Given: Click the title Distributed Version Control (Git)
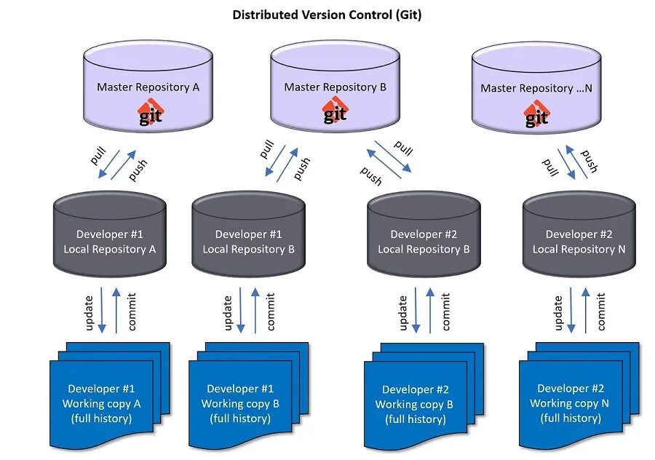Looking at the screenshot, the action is point(327,15).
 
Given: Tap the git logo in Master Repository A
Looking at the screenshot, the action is point(151,112).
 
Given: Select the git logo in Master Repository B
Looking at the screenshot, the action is point(335,111).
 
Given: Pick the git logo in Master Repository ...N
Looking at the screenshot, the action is point(536,114).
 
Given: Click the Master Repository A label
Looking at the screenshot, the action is point(148,87).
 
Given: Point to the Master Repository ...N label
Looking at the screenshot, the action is point(536,88).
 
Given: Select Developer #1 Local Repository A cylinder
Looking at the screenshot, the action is point(110,234).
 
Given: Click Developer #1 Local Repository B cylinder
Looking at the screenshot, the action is point(249,234).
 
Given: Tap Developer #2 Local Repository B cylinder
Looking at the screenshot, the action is point(424,234).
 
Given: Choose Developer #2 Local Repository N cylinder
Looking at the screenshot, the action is point(579,234).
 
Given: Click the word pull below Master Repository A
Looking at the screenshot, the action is point(98,156).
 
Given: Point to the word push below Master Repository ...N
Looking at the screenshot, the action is point(589,162).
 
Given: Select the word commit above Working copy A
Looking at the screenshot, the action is point(132,312).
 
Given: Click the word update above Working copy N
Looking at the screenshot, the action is point(558,313).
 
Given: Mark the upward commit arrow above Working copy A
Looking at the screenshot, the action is point(116,310).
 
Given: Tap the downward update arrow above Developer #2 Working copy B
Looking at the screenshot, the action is point(416,310).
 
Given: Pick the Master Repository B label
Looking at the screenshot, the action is point(335,87).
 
